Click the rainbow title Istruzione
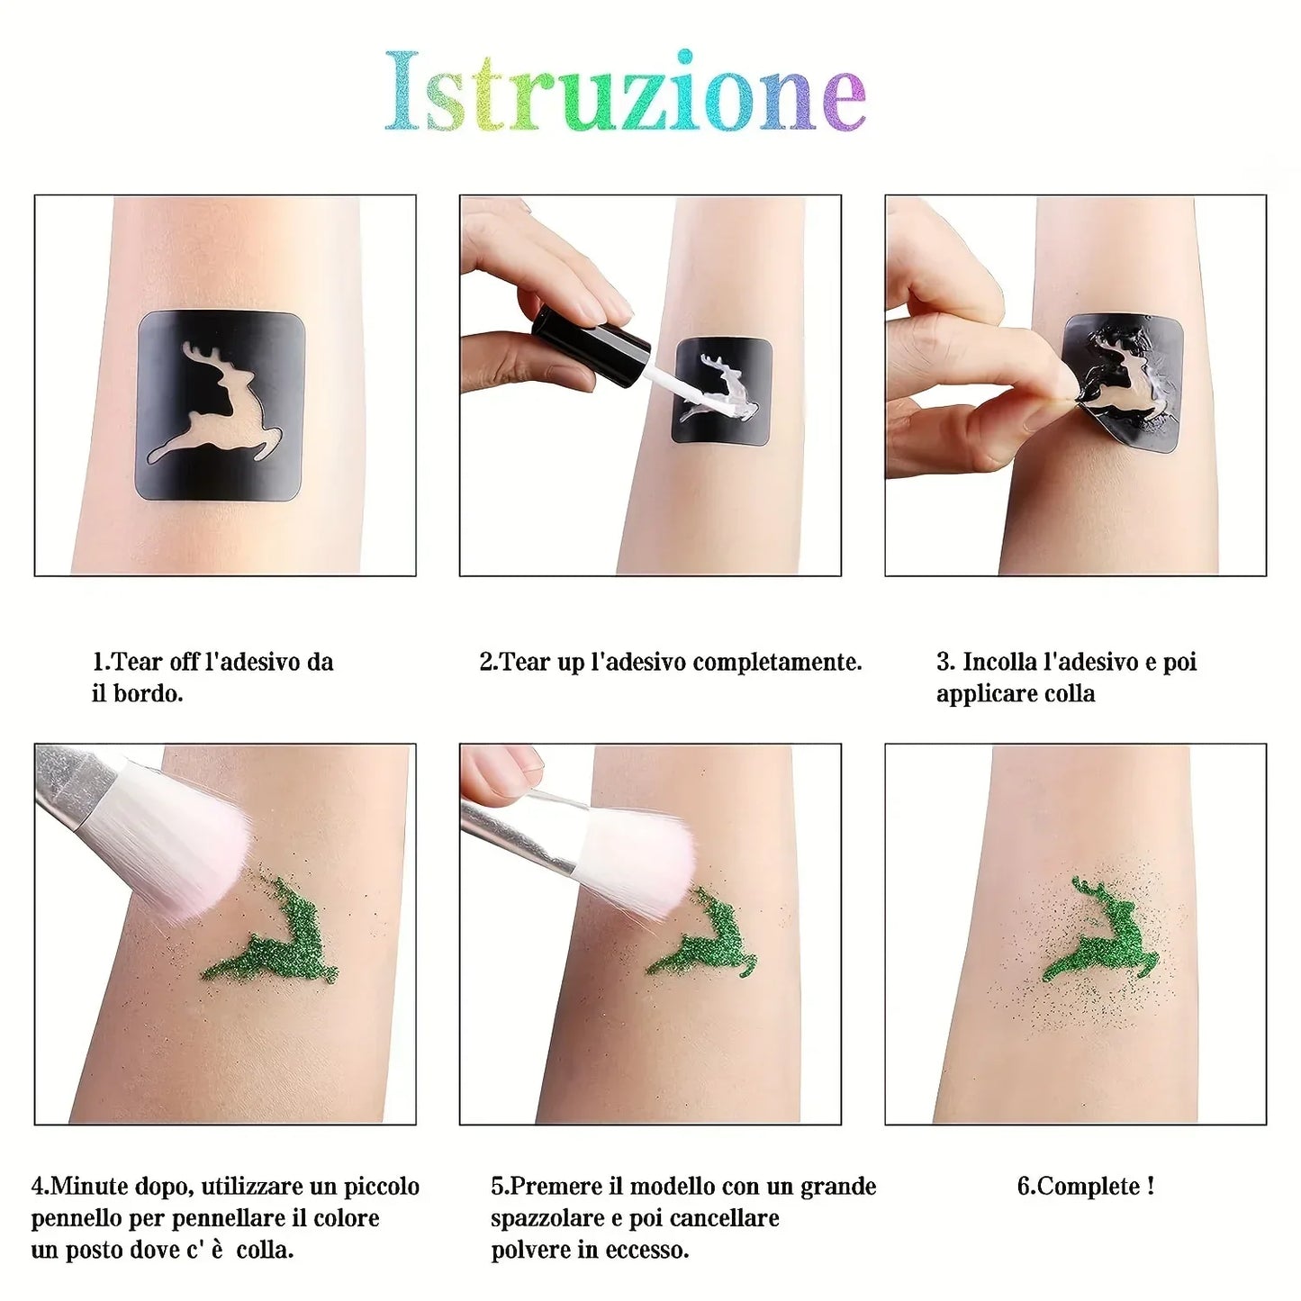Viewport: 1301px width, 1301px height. pos(626,92)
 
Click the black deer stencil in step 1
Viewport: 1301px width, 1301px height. pos(221,405)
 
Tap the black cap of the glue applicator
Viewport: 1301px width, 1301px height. pos(591,339)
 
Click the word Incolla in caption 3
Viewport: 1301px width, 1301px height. pos(999,663)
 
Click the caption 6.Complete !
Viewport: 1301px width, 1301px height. pos(1085,1187)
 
